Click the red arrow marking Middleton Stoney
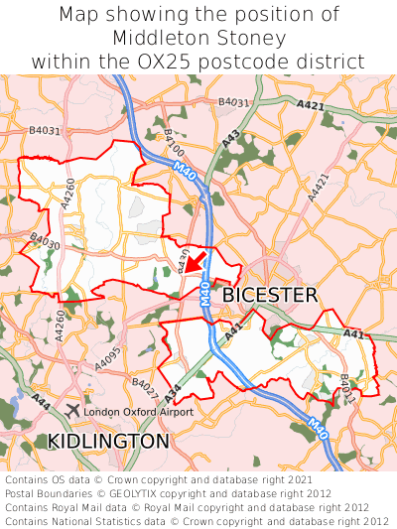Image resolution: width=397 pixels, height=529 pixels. tap(194, 263)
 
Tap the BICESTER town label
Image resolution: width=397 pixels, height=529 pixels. tap(269, 295)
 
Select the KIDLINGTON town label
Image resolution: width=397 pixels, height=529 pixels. tap(109, 440)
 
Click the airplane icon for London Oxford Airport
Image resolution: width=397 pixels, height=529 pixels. tap(72, 410)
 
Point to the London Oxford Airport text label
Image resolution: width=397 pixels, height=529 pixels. tap(138, 411)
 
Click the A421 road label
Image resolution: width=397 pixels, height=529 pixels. tap(311, 103)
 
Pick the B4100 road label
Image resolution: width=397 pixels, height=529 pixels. tap(175, 145)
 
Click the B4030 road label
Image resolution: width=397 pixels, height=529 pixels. tap(45, 240)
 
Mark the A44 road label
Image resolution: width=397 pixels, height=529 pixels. tap(41, 401)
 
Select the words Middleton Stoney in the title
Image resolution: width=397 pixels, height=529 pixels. tap(198, 38)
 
